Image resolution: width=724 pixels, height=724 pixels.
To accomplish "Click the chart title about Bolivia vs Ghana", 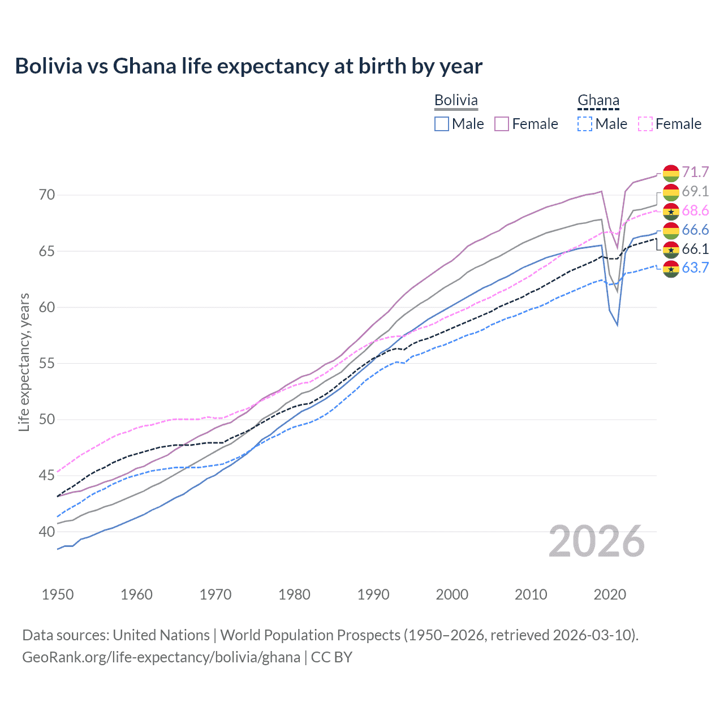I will coord(249,66).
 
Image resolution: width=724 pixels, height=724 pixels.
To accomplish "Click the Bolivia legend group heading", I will coord(456,100).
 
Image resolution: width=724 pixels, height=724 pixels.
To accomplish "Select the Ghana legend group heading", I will coord(598,100).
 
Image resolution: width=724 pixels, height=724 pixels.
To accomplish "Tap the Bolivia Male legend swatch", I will coord(442,124).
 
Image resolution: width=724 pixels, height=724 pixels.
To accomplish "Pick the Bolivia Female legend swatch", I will coord(502,124).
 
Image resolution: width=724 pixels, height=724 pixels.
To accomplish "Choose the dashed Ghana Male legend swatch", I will coord(585,124).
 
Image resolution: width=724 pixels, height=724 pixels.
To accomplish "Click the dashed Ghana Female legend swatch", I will coord(645,124).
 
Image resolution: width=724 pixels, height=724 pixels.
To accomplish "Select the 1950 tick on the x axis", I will coord(58,594).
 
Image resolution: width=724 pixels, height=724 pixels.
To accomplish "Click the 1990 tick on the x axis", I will coord(373,594).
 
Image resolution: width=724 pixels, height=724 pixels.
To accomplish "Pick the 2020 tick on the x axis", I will coord(610,594).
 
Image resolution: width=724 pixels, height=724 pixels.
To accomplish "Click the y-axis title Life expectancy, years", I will coord(24,362).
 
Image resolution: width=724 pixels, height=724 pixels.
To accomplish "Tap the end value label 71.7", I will coord(695,172).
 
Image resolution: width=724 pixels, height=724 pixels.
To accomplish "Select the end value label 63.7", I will coord(695,268).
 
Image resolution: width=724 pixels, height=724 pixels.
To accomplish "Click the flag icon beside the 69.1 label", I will coord(671,192).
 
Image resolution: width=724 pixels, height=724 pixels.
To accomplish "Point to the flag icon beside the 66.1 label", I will coord(671,249).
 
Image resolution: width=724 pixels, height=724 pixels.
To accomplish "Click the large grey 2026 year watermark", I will coord(597,541).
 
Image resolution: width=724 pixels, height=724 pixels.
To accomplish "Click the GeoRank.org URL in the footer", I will coord(161,657).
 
